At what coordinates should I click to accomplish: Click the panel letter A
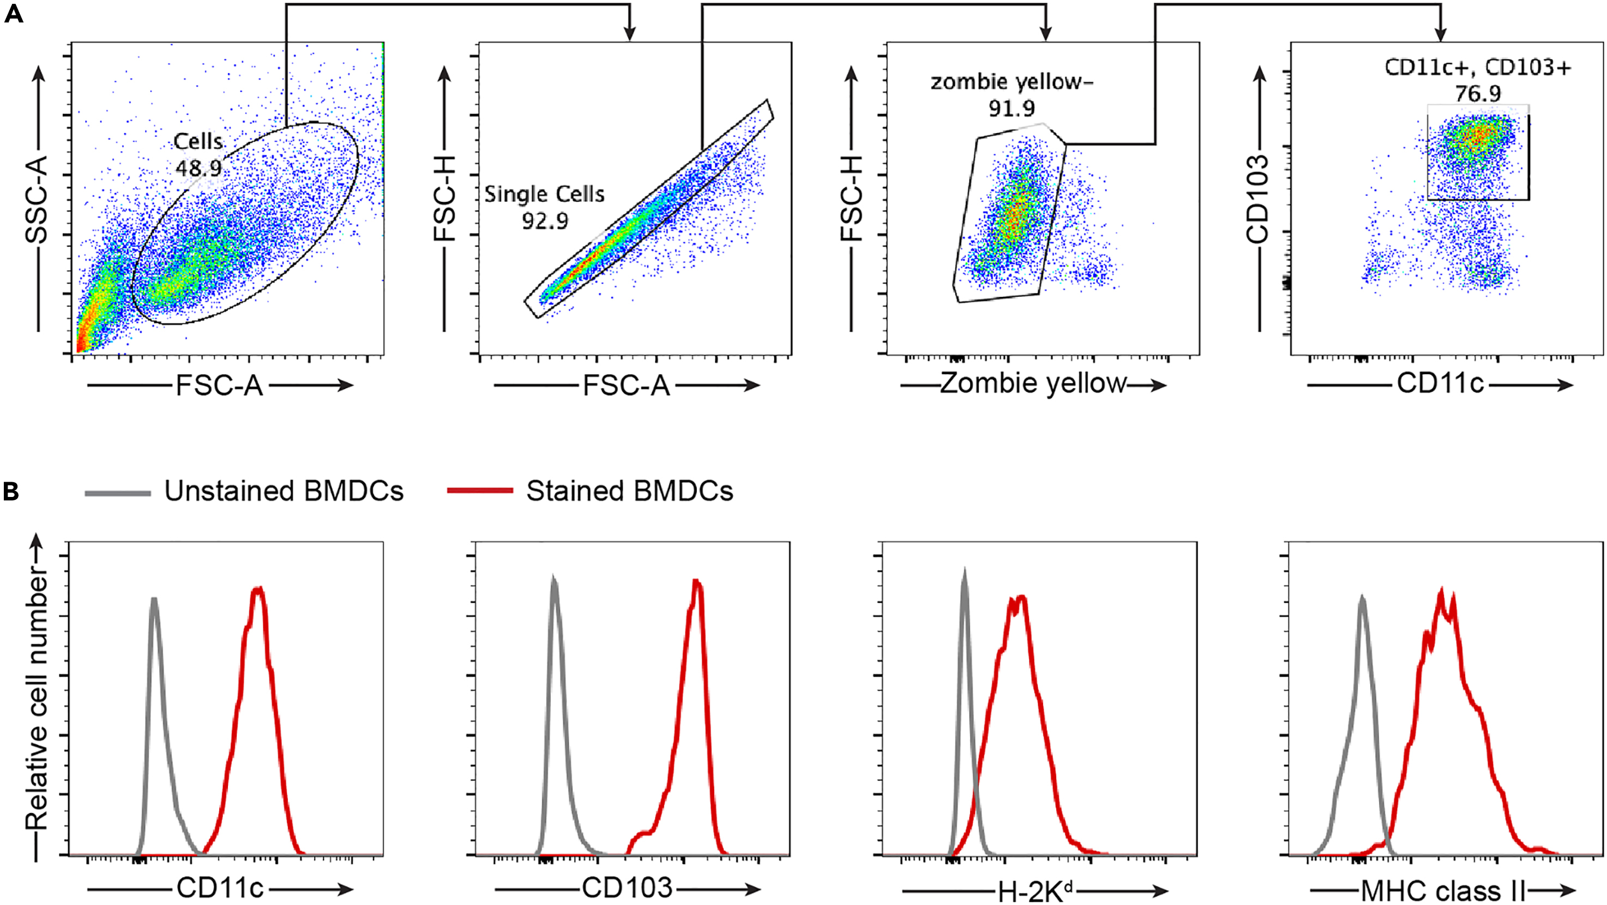click(13, 14)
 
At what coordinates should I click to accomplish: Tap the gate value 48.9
click(198, 169)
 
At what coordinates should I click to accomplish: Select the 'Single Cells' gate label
click(544, 194)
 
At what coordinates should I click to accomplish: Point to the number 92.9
click(545, 221)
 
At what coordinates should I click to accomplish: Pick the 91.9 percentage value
click(1011, 109)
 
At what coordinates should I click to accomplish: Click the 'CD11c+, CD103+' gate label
click(1477, 68)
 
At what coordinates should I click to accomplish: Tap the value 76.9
click(1478, 94)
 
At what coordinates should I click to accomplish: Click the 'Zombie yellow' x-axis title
click(1033, 383)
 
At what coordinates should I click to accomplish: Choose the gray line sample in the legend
click(118, 493)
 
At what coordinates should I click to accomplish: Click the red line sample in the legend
click(480, 490)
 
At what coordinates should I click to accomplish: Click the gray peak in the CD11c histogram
click(153, 601)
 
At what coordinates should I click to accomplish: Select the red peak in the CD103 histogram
click(697, 585)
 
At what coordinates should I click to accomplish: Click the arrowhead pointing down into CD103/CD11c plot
click(1440, 34)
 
